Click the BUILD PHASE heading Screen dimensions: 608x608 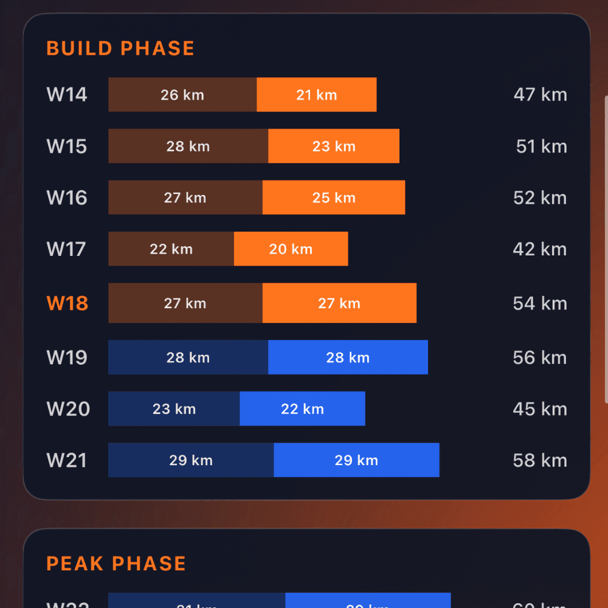(120, 49)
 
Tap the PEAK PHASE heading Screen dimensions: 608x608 (116, 564)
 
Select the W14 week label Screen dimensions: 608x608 (67, 95)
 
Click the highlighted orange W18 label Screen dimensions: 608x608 (67, 303)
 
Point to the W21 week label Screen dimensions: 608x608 (67, 460)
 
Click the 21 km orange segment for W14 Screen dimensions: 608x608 (316, 95)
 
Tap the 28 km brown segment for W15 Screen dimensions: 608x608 (188, 147)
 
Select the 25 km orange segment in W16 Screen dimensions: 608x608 (334, 198)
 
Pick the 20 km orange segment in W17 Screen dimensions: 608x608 (291, 249)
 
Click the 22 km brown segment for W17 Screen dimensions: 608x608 (171, 249)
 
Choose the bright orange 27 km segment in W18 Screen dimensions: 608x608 (339, 303)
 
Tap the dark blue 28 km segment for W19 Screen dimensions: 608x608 (188, 358)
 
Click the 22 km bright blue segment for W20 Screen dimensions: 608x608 (302, 409)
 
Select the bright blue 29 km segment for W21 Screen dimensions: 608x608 (356, 460)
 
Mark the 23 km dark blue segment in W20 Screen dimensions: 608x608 (174, 409)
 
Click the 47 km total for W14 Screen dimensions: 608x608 (540, 95)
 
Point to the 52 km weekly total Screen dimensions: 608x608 (540, 198)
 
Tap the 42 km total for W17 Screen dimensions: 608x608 (540, 249)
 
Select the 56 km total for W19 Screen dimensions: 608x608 (540, 358)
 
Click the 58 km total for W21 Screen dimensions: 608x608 (540, 460)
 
